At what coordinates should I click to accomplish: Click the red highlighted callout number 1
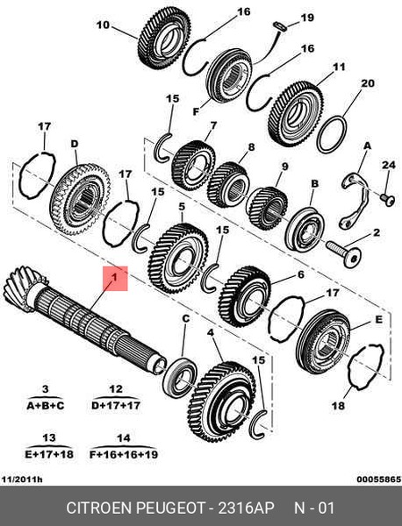coord(115,278)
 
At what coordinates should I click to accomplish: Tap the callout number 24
coord(389,165)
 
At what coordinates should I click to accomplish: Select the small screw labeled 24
coord(388,200)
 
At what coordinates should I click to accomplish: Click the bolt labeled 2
coord(343,253)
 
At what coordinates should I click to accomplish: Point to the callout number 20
coord(367,83)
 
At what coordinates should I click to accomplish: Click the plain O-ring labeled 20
coord(332,134)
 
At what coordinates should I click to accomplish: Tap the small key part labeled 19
coord(280,26)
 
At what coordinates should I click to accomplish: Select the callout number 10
coord(103,25)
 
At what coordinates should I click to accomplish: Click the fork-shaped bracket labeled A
coord(355,200)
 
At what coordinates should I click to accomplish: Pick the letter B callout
coord(315,183)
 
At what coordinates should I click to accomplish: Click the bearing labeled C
coord(180,378)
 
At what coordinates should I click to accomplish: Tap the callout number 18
coord(338,406)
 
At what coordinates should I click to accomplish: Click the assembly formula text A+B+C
coord(45,406)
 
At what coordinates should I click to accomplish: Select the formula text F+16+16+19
coord(124,454)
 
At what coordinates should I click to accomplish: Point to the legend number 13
coord(48,437)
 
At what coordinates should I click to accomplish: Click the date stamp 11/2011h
coord(22,479)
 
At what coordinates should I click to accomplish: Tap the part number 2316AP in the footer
coord(246,508)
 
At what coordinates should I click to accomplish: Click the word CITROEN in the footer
coord(99,508)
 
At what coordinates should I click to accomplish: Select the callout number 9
coord(284,167)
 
